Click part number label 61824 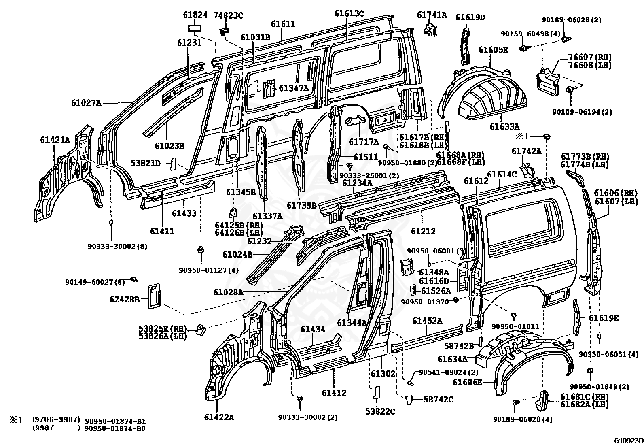click(x=195, y=15)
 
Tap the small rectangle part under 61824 click(x=195, y=28)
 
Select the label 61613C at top click(x=349, y=13)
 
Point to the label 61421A click(x=55, y=140)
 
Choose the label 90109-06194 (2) click(x=582, y=112)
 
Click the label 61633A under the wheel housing click(x=505, y=126)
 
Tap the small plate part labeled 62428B click(x=154, y=296)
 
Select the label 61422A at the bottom click(x=219, y=417)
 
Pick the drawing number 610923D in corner click(x=629, y=441)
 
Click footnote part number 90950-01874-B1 click(x=115, y=421)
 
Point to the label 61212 click(x=423, y=231)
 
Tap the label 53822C click(x=380, y=412)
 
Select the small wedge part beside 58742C click(x=409, y=400)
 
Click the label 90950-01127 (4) click(x=209, y=270)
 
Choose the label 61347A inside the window click(x=294, y=88)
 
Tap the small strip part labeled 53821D click(x=173, y=164)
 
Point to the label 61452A click(x=428, y=320)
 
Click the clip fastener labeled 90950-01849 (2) click(x=590, y=371)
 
